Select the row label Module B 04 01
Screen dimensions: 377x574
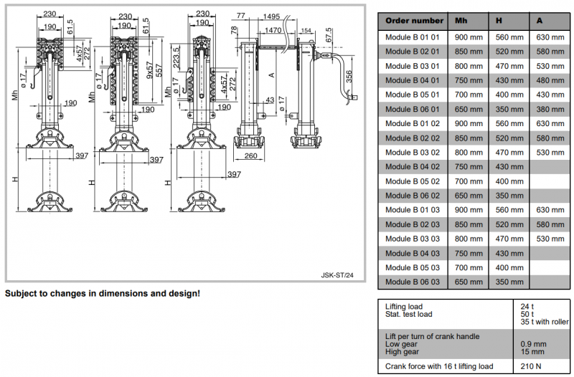pyautogui.click(x=413, y=80)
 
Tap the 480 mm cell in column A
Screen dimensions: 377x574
pyautogui.click(x=550, y=80)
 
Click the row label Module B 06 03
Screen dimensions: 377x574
pyautogui.click(x=413, y=282)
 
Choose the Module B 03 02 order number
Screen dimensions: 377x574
pyautogui.click(x=413, y=153)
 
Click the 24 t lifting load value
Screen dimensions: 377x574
pyautogui.click(x=527, y=307)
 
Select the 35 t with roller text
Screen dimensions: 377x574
pyautogui.click(x=545, y=322)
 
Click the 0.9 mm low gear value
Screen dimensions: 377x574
pyautogui.click(x=534, y=344)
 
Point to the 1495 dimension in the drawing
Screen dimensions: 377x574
pyautogui.click(x=271, y=15)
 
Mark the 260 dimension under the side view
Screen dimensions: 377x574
pyautogui.click(x=250, y=155)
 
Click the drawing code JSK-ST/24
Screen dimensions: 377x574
pyautogui.click(x=336, y=275)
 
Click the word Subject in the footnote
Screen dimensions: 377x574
pyautogui.click(x=22, y=294)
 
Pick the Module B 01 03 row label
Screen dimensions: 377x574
pyautogui.click(x=413, y=210)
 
